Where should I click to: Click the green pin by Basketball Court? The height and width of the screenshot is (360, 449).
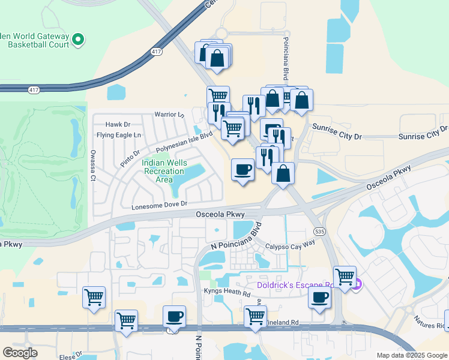click(x=78, y=40)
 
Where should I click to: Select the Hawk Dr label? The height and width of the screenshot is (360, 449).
click(x=113, y=124)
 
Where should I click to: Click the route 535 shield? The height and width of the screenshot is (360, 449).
click(x=319, y=230)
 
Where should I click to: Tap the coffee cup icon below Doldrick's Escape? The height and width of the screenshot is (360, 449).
click(x=320, y=298)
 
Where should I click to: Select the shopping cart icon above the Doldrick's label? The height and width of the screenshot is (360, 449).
click(x=345, y=277)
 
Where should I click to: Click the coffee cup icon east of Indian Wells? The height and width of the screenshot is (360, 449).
click(x=243, y=170)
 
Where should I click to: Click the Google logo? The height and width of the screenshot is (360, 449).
click(x=20, y=353)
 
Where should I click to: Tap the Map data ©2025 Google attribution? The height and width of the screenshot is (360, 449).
click(x=412, y=355)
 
